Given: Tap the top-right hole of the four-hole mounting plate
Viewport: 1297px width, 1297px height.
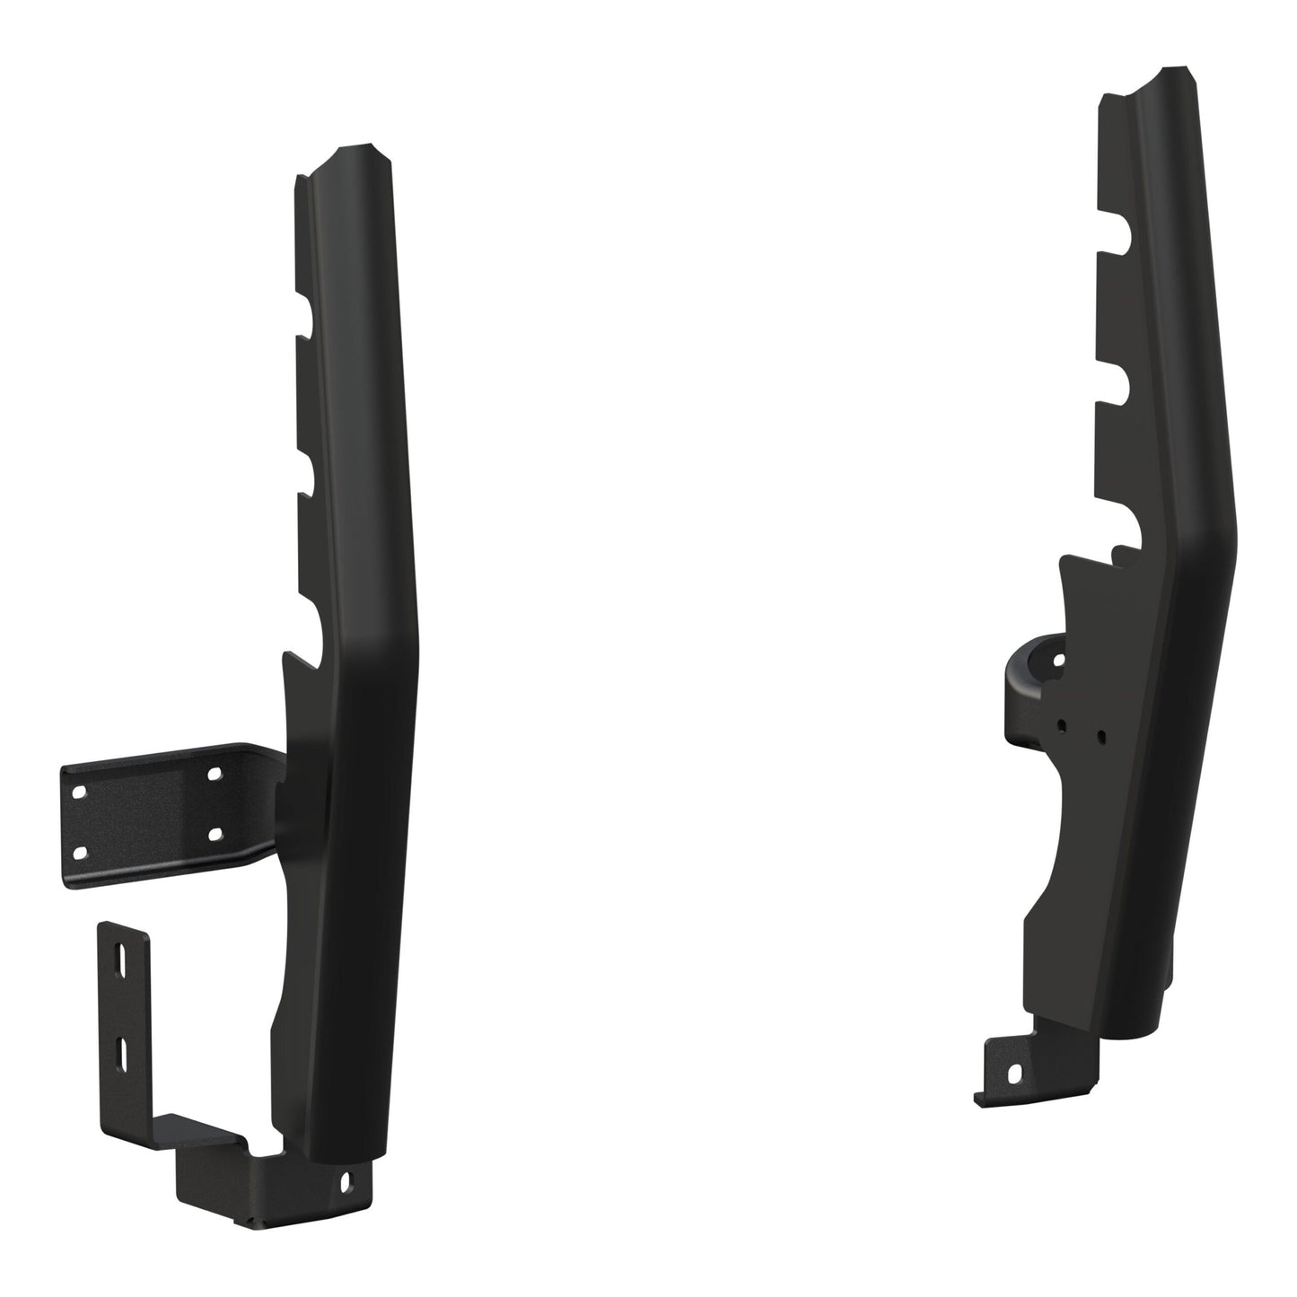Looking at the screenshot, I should (x=214, y=772).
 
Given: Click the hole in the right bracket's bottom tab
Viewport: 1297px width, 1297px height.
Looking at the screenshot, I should (x=1015, y=1073).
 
